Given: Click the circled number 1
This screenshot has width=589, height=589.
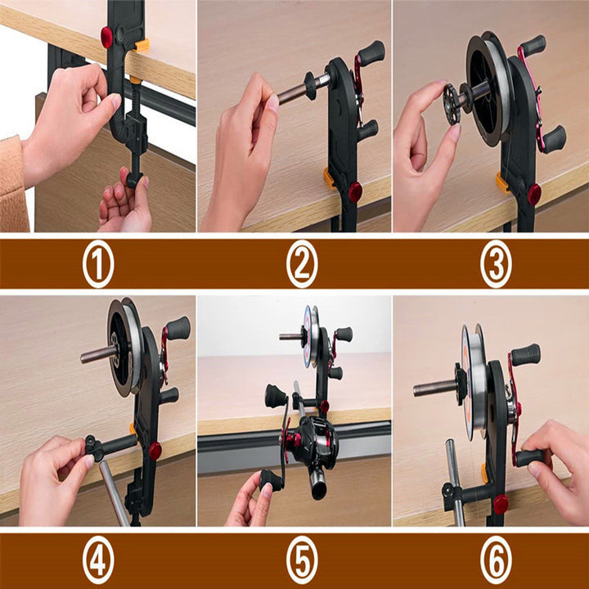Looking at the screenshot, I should [98, 265].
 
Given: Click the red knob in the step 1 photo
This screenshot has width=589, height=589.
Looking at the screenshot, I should [106, 36].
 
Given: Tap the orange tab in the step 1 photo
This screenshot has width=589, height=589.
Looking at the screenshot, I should [142, 46].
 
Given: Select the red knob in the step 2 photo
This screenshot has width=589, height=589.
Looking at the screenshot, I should [355, 192].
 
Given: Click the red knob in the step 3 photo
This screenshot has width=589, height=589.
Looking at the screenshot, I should [534, 194].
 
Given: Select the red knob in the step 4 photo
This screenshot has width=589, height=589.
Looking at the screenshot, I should [155, 450].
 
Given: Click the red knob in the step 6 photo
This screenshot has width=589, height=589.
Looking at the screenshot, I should [501, 503].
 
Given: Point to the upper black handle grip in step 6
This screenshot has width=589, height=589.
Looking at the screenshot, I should [528, 354].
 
